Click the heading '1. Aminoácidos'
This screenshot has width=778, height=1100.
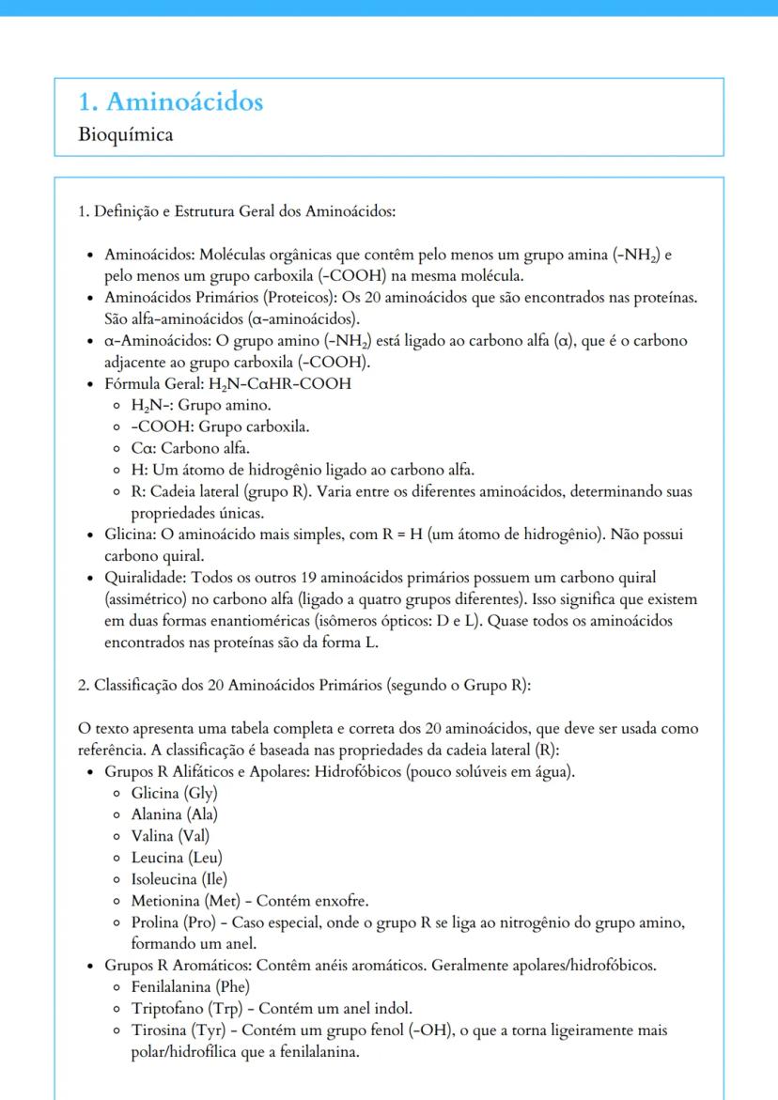[x=171, y=101]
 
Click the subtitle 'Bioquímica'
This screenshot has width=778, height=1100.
[x=126, y=134]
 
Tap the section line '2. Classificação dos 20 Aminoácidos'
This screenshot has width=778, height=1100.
[x=304, y=685]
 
